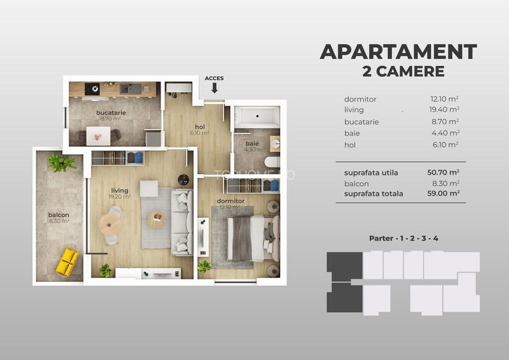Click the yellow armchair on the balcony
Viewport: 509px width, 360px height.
point(67,261)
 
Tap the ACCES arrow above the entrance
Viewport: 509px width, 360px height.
point(214,88)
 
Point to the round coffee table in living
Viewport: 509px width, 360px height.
point(156,219)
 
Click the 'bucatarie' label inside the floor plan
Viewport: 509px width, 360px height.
point(111,113)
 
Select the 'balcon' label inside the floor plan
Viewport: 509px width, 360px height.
point(58,215)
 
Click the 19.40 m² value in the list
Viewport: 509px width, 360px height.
point(445,111)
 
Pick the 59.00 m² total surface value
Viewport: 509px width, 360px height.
point(444,193)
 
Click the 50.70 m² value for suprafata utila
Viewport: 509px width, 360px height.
point(444,173)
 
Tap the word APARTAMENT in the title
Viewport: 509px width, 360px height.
point(398,52)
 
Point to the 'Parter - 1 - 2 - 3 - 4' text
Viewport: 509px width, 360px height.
point(403,239)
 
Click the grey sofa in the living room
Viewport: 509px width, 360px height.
point(181,221)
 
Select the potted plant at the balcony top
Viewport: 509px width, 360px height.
point(61,162)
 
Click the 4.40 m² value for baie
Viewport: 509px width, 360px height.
point(445,134)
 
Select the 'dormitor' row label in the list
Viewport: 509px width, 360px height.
point(360,99)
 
